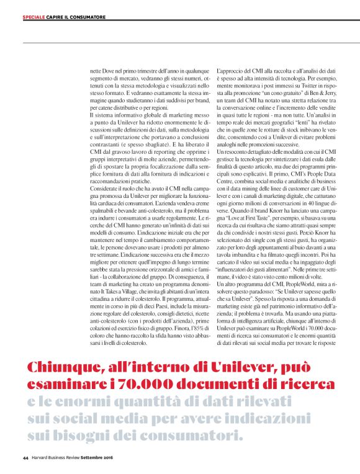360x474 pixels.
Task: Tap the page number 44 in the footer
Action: click(25, 458)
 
